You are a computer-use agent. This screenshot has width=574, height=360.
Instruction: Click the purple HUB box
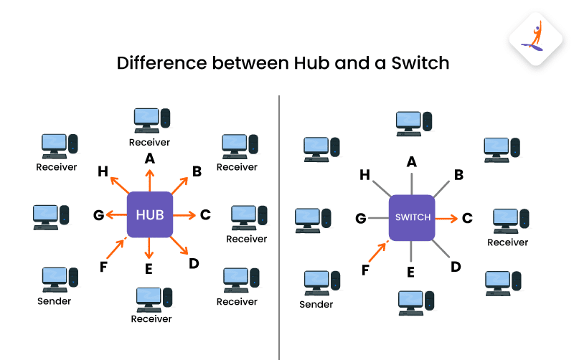pyautogui.click(x=149, y=214)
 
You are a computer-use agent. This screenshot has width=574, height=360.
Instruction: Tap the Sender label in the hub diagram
pyautogui.click(x=55, y=300)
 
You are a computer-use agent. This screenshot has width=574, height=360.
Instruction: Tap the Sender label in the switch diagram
pyautogui.click(x=316, y=304)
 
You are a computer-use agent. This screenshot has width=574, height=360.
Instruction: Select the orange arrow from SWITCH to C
pyautogui.click(x=446, y=217)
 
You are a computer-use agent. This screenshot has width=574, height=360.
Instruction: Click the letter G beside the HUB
pyautogui.click(x=99, y=214)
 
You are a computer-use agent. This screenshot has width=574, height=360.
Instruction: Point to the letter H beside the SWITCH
pyautogui.click(x=364, y=174)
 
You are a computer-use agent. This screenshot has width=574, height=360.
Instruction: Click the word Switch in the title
pyautogui.click(x=418, y=62)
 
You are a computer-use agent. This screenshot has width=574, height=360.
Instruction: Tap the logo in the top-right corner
pyautogui.click(x=535, y=39)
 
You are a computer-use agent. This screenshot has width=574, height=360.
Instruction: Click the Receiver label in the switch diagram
pyautogui.click(x=507, y=242)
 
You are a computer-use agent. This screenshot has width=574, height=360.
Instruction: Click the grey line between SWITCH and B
pyautogui.click(x=443, y=186)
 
